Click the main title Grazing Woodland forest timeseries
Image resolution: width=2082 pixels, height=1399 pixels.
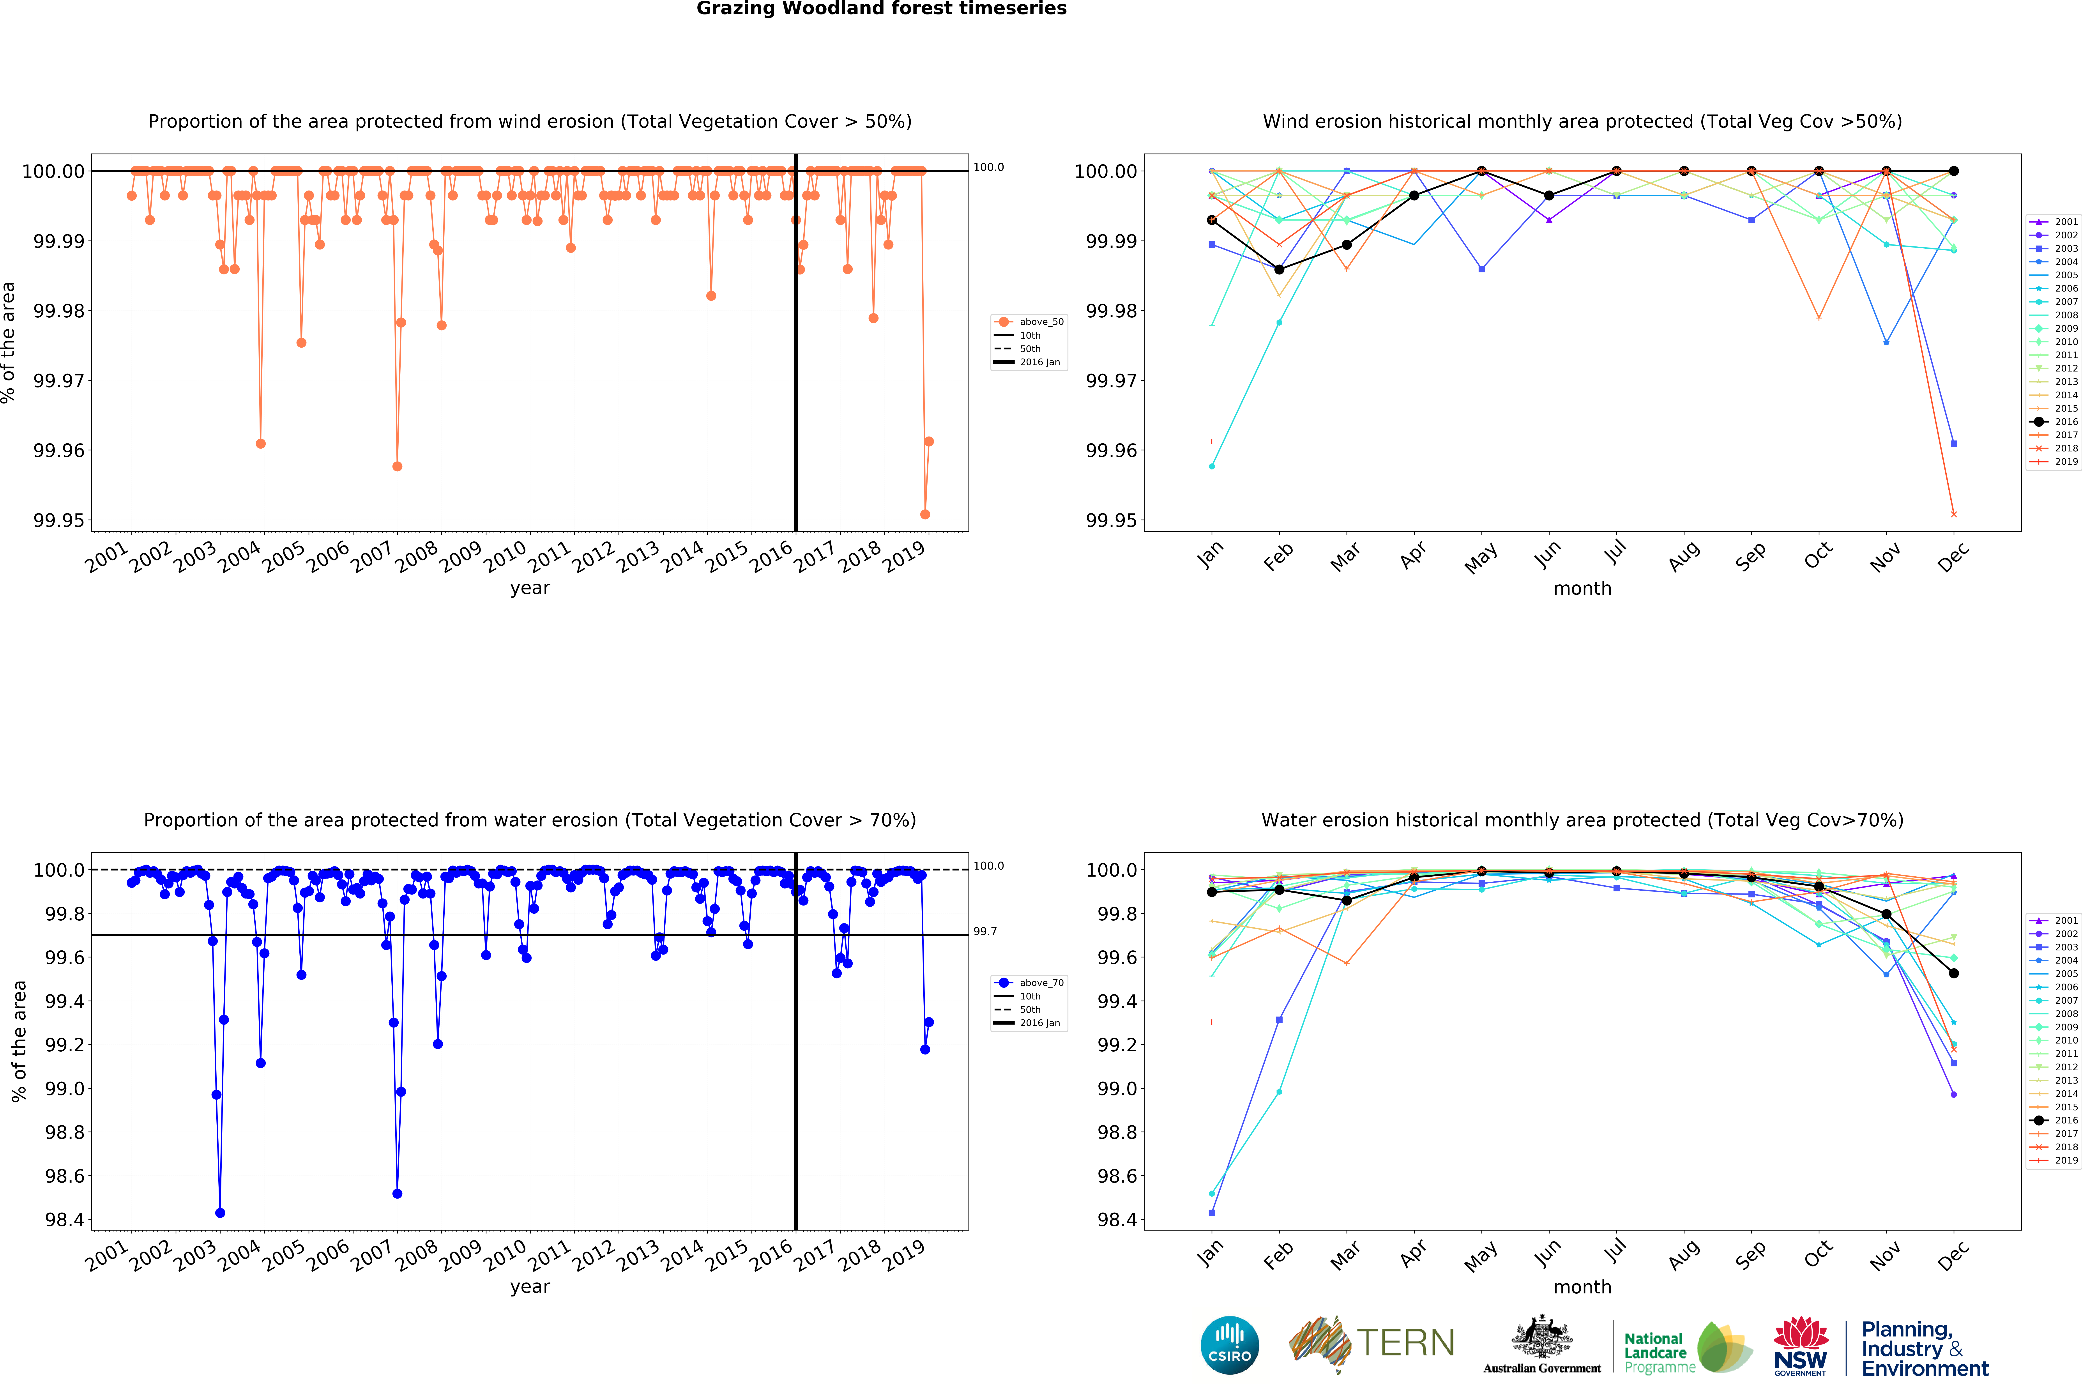point(881,9)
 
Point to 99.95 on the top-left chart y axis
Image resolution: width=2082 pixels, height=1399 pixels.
point(59,520)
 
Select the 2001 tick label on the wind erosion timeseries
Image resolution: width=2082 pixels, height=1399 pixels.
point(107,558)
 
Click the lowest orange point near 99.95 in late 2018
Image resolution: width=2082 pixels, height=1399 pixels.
point(925,515)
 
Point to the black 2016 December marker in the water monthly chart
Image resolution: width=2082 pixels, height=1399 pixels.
point(1954,973)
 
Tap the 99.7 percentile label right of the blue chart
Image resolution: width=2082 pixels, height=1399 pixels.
point(985,932)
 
